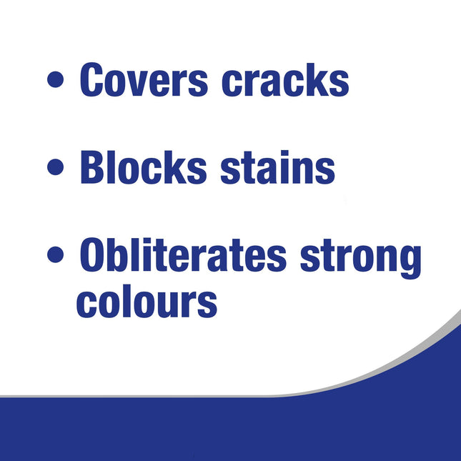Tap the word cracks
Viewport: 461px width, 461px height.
pos(285,79)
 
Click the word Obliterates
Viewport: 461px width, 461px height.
pos(184,257)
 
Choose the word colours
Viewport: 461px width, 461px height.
pos(147,302)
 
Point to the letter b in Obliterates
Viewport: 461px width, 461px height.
pos(127,256)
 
